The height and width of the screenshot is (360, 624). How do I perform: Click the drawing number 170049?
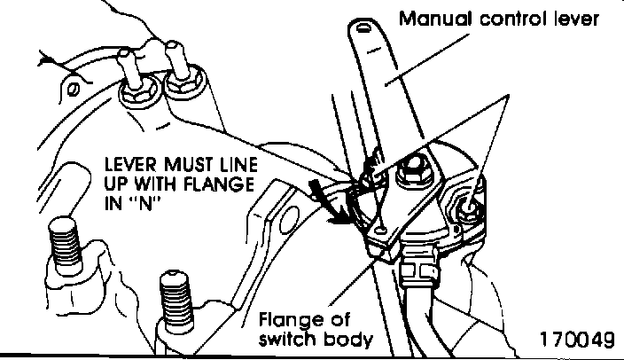[x=575, y=340]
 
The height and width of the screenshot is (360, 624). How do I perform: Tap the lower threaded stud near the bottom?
[x=174, y=297]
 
